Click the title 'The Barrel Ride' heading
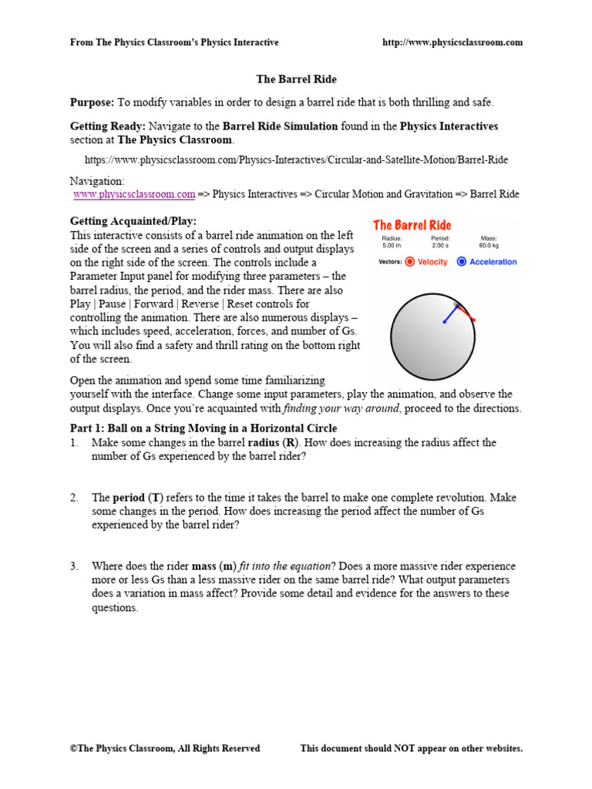[296, 79]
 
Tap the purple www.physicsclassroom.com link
[134, 195]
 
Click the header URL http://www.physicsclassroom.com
[452, 42]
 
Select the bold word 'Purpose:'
[92, 102]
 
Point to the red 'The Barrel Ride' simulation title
[412, 225]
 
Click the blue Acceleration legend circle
[462, 262]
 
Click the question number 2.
[74, 498]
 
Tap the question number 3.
[74, 566]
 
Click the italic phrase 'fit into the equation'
[284, 566]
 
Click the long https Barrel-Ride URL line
[296, 160]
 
